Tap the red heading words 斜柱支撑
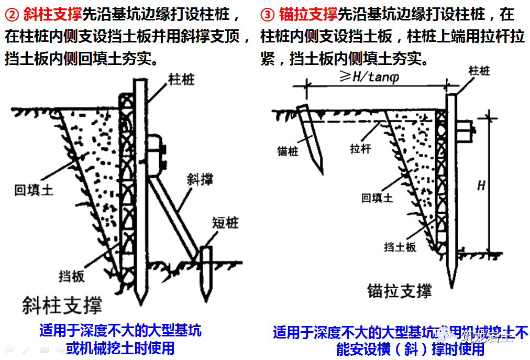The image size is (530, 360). coord(52,13)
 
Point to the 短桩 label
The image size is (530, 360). coord(225,223)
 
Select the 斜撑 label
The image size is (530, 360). coord(200,180)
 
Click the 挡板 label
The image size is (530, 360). coord(72,275)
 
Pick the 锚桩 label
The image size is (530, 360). coord(288,152)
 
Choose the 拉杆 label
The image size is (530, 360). coord(360,148)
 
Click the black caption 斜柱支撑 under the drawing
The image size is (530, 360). coord(62,305)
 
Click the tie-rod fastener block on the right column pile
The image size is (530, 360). coord(465,127)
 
